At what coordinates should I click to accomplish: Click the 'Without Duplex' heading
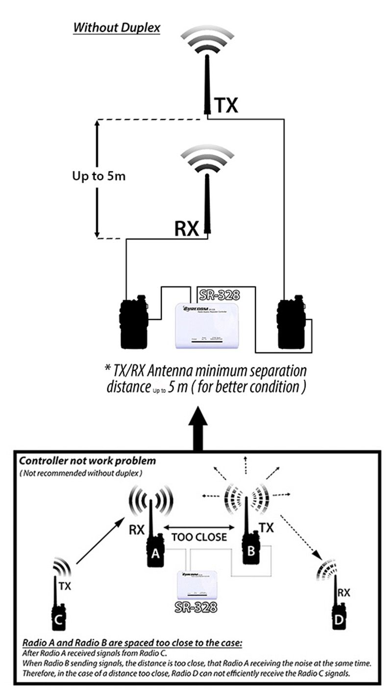[x=117, y=27]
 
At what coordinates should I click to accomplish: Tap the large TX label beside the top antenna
[x=225, y=105]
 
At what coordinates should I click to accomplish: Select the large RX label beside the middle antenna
[x=186, y=228]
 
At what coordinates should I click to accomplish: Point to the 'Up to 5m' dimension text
[x=96, y=176]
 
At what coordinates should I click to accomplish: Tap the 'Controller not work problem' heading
[x=87, y=461]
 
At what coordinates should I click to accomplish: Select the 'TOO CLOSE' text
[x=198, y=537]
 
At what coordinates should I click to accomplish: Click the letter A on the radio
[x=155, y=554]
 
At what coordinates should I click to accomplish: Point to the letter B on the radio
[x=251, y=552]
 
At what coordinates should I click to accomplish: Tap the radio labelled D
[x=339, y=620]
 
